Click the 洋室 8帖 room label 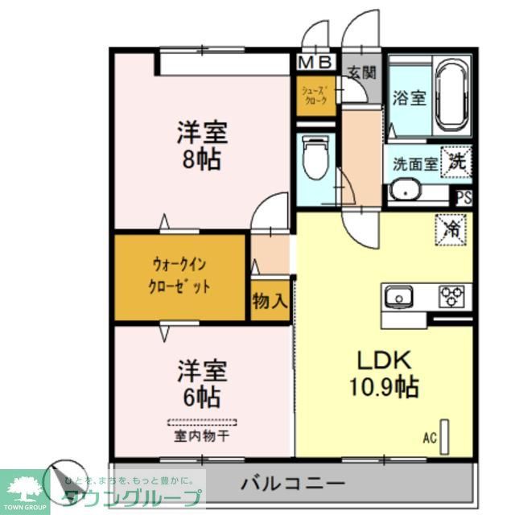[x=202, y=145]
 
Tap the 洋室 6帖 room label [x=202, y=383]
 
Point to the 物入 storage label [x=269, y=302]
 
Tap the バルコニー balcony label [x=293, y=484]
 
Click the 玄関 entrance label [x=362, y=72]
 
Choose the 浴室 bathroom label [x=409, y=98]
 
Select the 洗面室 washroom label [x=414, y=163]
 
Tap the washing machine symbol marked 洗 [x=456, y=161]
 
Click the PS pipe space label [x=464, y=196]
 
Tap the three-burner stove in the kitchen [x=451, y=296]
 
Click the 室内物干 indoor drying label [x=202, y=438]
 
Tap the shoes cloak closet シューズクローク [x=314, y=96]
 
